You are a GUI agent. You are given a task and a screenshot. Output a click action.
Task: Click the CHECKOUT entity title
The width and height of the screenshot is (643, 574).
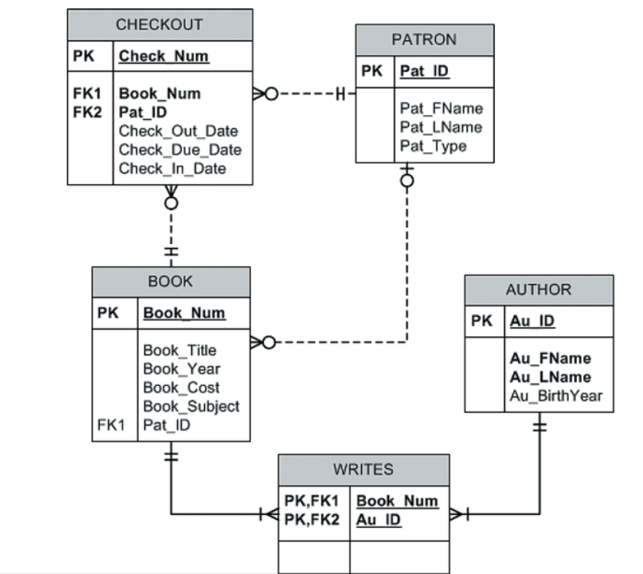(x=159, y=25)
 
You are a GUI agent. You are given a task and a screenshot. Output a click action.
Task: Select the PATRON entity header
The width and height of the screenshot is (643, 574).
(x=424, y=40)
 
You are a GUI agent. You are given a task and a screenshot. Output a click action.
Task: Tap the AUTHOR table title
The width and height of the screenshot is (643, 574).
(x=538, y=290)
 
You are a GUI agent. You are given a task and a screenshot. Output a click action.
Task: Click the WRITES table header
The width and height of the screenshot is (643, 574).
(x=363, y=469)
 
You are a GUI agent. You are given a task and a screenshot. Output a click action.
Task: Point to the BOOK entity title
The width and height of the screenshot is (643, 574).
(x=170, y=282)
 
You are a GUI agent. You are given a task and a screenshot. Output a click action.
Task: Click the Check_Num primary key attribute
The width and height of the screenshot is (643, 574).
(x=163, y=56)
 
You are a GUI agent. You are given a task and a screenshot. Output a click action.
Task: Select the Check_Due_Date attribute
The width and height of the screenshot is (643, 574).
(x=180, y=150)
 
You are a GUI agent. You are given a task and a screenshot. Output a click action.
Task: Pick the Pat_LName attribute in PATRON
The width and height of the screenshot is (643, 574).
(x=440, y=127)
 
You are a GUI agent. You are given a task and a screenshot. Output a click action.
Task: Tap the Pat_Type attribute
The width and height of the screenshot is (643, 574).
(x=433, y=146)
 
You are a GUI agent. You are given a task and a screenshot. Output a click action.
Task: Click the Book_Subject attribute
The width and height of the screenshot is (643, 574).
(x=191, y=406)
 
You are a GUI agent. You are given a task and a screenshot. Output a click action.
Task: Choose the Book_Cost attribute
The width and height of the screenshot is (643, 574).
(x=181, y=388)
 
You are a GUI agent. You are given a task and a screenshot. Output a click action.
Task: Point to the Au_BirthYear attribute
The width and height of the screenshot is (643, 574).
(x=556, y=396)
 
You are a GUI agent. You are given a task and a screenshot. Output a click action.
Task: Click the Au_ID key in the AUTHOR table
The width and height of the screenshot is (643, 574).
(x=532, y=321)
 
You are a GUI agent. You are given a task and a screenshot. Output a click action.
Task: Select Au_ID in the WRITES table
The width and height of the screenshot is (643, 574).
(x=378, y=520)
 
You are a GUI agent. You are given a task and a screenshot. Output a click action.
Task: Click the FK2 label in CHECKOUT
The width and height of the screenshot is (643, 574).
(x=87, y=112)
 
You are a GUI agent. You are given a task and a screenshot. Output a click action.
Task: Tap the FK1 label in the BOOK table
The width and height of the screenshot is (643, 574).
(x=111, y=424)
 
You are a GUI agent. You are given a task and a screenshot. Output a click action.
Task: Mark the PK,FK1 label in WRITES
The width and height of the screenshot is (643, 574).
(x=311, y=501)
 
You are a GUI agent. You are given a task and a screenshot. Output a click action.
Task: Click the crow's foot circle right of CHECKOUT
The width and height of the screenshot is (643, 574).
(x=271, y=94)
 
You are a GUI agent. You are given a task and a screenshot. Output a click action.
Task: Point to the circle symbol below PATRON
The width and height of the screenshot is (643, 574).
(x=407, y=180)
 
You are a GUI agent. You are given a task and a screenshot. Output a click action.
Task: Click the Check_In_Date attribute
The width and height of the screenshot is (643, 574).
(x=172, y=168)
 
